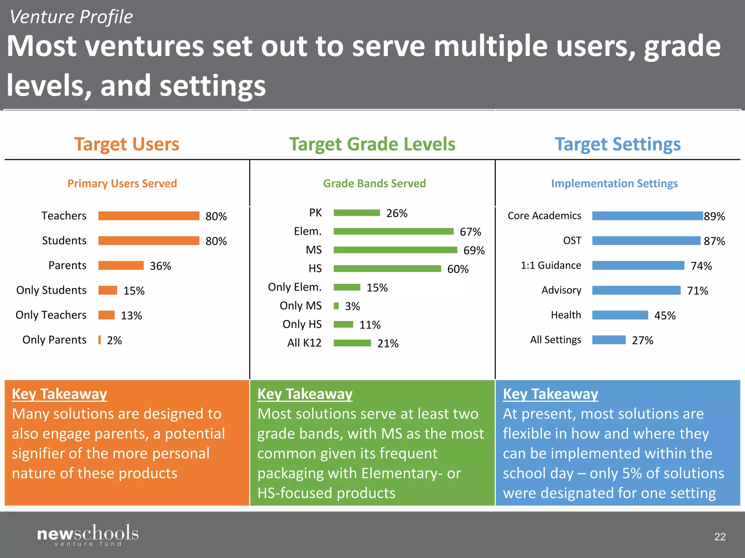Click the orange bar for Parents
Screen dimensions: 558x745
pos(121,266)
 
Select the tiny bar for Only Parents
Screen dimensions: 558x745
pos(99,340)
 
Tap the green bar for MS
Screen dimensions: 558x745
pos(395,250)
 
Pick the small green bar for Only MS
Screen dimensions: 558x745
pos(336,306)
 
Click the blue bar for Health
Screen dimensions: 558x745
pos(620,315)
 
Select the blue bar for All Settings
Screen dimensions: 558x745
pos(609,340)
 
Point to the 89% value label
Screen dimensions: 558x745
pos(714,217)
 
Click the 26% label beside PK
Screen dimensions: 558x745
pos(397,213)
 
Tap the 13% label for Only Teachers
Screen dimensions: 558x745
pos(131,315)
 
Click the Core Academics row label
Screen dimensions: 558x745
pos(544,216)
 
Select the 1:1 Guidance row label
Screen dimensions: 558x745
pos(551,266)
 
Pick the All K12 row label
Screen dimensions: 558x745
pos(304,343)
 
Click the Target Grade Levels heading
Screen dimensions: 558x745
pos(372,144)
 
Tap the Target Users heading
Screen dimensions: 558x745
pos(127,144)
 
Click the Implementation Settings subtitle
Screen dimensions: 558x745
pos(614,183)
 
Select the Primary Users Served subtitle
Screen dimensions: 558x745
pos(122,183)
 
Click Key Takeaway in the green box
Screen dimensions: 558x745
pos(305,394)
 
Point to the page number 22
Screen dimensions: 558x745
pos(720,537)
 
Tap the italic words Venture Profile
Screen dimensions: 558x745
pos(71,17)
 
